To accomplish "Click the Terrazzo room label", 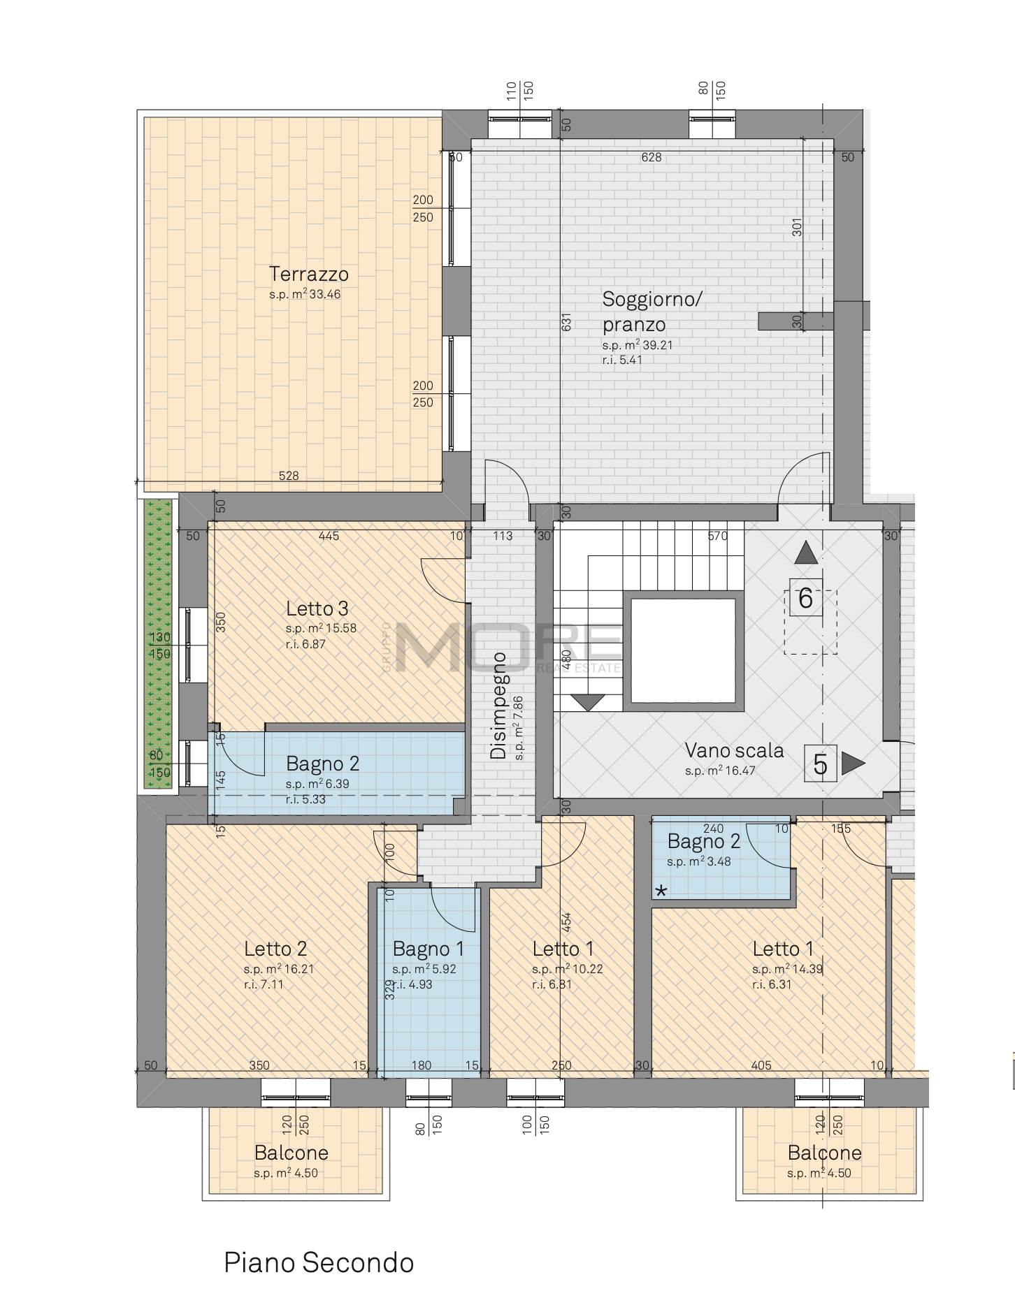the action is (x=309, y=274).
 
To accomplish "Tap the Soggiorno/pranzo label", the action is (x=652, y=312).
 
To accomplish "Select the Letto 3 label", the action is (x=317, y=608).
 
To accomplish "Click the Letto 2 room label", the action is (x=275, y=949).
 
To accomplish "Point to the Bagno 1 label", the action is (x=428, y=949).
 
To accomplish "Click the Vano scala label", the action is (x=734, y=751).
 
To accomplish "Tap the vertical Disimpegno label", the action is (x=498, y=706).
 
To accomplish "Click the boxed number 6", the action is (x=805, y=599).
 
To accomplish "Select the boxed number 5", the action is (x=821, y=764).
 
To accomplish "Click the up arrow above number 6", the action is (x=806, y=553).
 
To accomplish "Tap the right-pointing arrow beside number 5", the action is (x=852, y=764).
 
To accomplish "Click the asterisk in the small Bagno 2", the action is (x=661, y=891).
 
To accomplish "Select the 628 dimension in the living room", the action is (x=652, y=157).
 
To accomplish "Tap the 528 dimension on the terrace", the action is (x=289, y=476).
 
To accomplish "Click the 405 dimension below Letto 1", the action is (x=761, y=1065).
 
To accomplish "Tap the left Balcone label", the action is (x=291, y=1152).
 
